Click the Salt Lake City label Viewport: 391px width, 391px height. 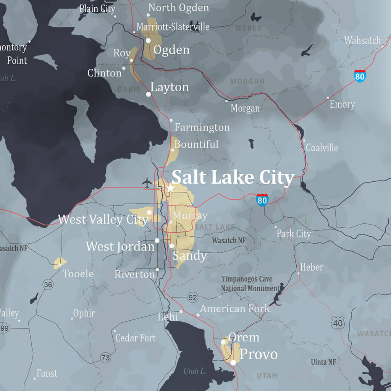tap(233, 178)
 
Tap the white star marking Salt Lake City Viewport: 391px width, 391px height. tap(170, 188)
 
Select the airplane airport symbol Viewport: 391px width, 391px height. tap(147, 183)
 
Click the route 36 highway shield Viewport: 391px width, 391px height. tap(48, 284)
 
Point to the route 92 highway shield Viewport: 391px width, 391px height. tap(193, 297)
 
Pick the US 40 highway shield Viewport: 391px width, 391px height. tap(338, 323)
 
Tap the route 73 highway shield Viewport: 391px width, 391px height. tap(106, 358)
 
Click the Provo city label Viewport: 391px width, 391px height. tap(258, 354)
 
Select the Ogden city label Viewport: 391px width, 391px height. tap(171, 50)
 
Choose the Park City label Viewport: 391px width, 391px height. tap(294, 234)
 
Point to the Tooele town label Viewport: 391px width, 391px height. tap(78, 274)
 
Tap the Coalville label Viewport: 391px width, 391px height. tap(322, 147)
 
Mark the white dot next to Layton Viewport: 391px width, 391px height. tap(149, 94)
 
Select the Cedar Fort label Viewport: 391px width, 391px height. tap(136, 338)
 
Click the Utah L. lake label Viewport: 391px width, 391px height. tap(195, 371)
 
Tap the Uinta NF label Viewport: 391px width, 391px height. tap(323, 362)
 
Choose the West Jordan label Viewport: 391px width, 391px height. tap(120, 246)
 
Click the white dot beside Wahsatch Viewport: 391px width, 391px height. tap(382, 46)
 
